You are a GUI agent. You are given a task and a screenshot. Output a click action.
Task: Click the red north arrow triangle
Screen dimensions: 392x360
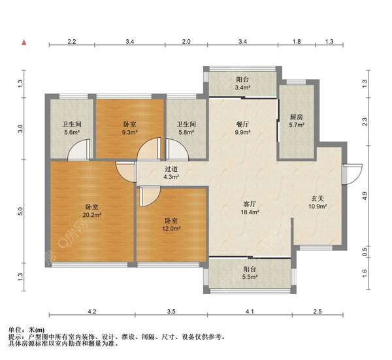click(x=24, y=42)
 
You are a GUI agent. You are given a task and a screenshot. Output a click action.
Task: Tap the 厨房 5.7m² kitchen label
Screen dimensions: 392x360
click(x=297, y=121)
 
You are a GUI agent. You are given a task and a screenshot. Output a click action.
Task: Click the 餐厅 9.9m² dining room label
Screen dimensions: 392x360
click(x=242, y=128)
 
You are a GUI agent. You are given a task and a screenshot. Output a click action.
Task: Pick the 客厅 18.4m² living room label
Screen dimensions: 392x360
click(x=250, y=208)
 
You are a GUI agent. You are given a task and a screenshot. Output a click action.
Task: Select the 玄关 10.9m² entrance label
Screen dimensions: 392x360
click(x=318, y=203)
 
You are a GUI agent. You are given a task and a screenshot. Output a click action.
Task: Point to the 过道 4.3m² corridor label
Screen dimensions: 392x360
click(x=171, y=172)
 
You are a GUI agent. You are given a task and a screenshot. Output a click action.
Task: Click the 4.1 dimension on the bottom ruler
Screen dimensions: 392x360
click(x=250, y=311)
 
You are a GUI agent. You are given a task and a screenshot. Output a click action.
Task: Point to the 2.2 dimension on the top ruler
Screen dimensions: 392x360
click(x=72, y=42)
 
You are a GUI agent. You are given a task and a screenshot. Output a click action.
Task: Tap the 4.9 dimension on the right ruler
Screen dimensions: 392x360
click(x=365, y=195)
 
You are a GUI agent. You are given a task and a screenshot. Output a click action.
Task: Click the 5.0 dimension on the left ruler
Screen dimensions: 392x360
click(x=20, y=211)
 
